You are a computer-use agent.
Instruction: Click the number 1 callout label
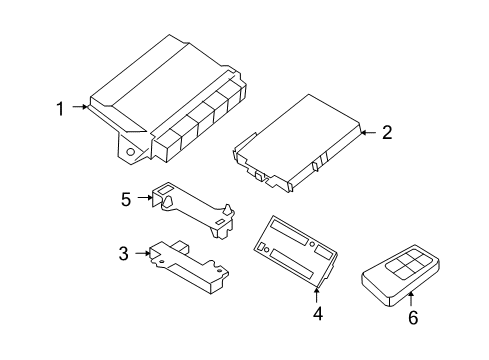tap(59, 108)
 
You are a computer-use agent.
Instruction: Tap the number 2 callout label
tap(385, 132)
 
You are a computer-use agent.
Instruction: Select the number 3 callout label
tap(123, 254)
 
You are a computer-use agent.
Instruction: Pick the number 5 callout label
tap(126, 199)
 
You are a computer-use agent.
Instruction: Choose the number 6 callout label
tap(411, 318)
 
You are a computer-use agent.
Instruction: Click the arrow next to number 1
tap(78, 108)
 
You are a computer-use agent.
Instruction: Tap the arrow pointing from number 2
tap(366, 132)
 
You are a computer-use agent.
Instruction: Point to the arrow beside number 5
tap(144, 199)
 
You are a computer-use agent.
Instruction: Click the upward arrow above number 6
tap(411, 297)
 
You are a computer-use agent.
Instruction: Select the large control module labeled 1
tap(170, 100)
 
